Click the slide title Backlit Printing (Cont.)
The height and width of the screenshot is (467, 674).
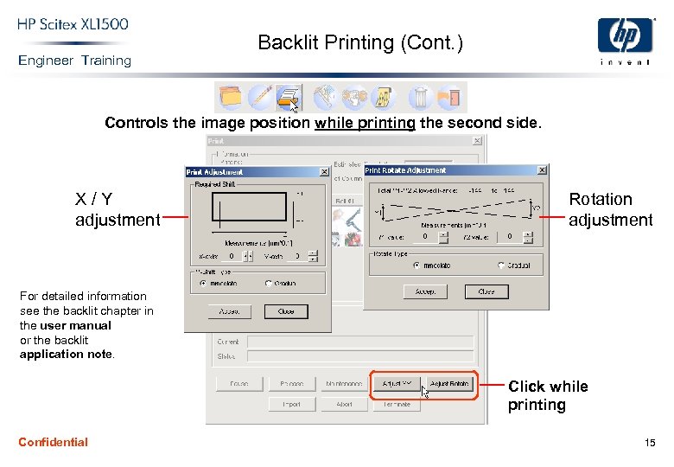pyautogui.click(x=360, y=42)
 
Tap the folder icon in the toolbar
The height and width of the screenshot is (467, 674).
pyautogui.click(x=230, y=97)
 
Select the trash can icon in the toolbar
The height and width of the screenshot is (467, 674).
pyautogui.click(x=421, y=97)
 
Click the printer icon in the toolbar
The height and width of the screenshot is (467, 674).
pyautogui.click(x=288, y=97)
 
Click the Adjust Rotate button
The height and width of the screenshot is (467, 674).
pyautogui.click(x=449, y=383)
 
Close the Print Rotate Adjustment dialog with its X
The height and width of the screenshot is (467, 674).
pyautogui.click(x=542, y=170)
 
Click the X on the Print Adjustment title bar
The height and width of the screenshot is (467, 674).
pyautogui.click(x=324, y=172)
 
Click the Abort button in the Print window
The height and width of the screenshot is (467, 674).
pyautogui.click(x=344, y=404)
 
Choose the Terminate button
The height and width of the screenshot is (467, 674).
pyautogui.click(x=397, y=404)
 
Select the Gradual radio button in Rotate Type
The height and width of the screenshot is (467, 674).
pyautogui.click(x=502, y=265)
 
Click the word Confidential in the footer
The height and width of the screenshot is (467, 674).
pyautogui.click(x=53, y=442)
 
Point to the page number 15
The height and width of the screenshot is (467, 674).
pyautogui.click(x=650, y=443)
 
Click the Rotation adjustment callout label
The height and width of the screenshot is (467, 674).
pyautogui.click(x=610, y=209)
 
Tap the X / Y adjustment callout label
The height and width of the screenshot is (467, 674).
pyautogui.click(x=118, y=209)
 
